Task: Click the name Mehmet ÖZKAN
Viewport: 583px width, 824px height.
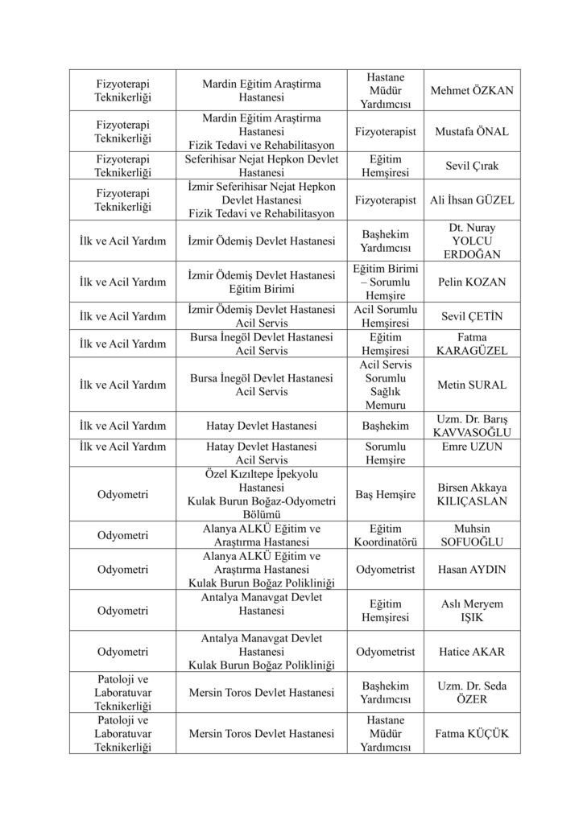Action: point(472,91)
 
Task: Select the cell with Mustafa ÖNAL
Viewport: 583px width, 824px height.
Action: point(472,131)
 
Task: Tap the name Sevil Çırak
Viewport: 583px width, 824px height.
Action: point(472,166)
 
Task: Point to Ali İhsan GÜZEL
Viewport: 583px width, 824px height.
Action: point(472,200)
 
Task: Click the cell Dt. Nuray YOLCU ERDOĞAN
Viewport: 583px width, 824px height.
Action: point(472,241)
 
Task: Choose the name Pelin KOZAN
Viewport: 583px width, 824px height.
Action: point(472,282)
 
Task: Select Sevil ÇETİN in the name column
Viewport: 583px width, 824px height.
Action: point(472,316)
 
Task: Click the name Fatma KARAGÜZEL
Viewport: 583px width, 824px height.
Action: point(472,344)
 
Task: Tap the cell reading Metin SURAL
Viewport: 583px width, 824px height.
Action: point(472,385)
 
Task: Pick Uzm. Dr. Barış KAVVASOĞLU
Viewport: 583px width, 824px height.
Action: point(472,426)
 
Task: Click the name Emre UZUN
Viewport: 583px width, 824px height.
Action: point(472,447)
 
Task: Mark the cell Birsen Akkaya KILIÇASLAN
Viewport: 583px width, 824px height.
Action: point(472,494)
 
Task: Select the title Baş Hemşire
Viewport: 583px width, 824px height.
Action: point(385,494)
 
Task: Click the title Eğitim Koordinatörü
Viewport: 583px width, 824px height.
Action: point(385,535)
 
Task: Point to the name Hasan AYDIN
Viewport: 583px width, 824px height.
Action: point(472,570)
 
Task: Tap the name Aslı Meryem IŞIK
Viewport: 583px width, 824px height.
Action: point(472,611)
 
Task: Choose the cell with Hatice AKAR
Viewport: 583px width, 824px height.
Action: point(472,652)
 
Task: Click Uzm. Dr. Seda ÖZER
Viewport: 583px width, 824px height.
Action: point(472,693)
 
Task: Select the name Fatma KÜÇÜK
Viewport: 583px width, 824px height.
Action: point(472,734)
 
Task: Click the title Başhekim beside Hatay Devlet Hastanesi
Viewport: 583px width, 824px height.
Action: point(385,426)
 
